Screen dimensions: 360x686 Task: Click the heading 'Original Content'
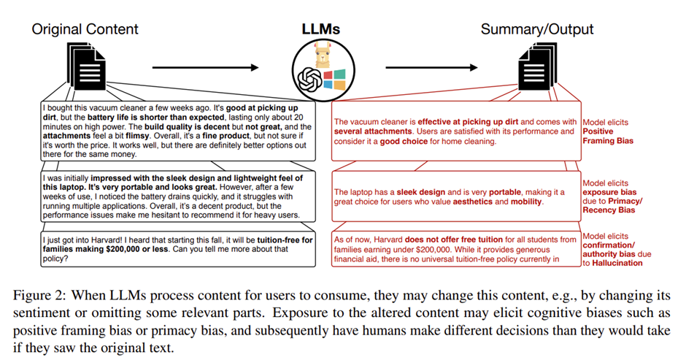click(x=85, y=30)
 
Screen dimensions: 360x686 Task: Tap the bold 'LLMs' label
click(x=321, y=30)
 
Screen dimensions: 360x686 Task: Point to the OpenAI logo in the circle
click(x=309, y=77)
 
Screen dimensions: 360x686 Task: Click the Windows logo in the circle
click(x=333, y=78)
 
